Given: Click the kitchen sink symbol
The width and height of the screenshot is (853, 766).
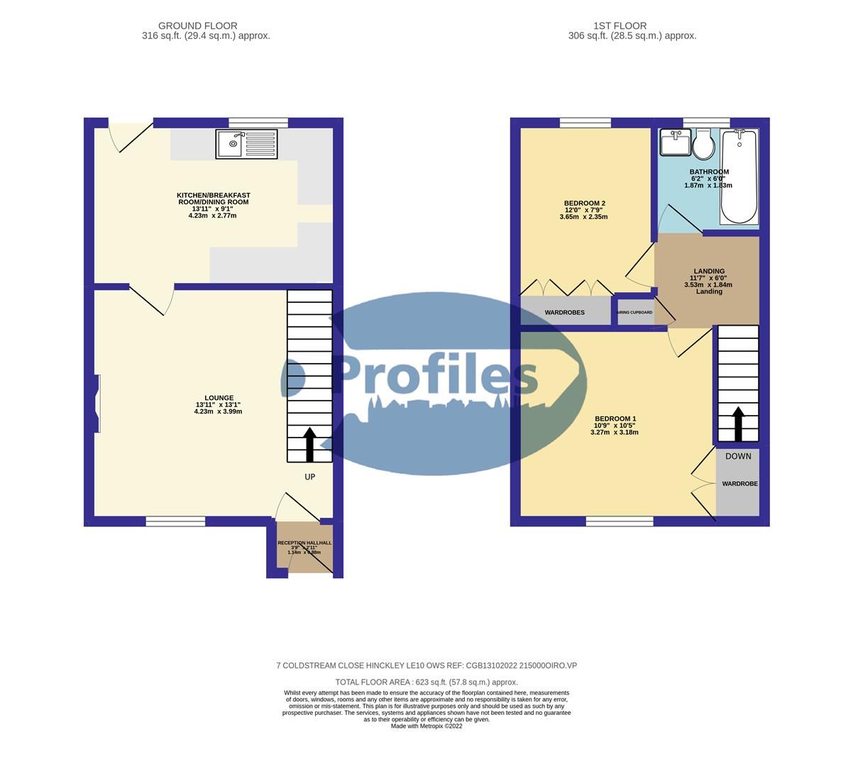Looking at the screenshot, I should (x=246, y=144).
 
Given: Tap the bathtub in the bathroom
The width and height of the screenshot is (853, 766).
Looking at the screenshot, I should (x=739, y=177).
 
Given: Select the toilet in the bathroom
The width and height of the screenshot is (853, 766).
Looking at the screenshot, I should (x=703, y=145).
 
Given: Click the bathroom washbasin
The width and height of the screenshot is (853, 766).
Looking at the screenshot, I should (x=673, y=143).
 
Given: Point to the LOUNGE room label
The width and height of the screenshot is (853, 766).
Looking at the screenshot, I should (x=219, y=398).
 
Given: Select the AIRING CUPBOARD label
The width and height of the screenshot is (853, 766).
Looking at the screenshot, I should (x=634, y=312).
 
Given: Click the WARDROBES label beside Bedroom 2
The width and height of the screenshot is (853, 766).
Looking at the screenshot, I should (x=564, y=312).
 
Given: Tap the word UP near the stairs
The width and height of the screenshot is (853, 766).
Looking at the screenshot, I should (x=309, y=477).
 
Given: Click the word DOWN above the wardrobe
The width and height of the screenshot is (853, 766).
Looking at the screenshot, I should (x=738, y=456).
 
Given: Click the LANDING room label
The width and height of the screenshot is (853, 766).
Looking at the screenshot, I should (x=709, y=271).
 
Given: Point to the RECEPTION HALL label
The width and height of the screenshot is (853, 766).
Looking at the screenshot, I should (x=304, y=543).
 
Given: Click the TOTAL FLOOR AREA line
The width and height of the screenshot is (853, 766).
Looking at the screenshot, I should (x=426, y=682).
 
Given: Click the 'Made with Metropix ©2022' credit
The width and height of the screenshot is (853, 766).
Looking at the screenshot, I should (x=426, y=726).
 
